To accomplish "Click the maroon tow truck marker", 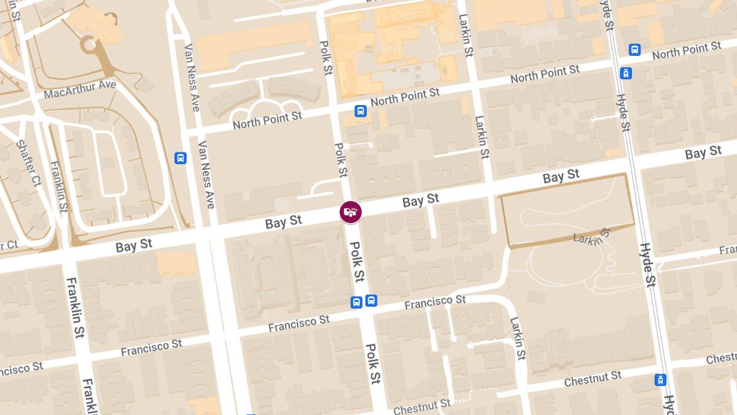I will point(351,212).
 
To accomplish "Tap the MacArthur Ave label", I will point(80,90).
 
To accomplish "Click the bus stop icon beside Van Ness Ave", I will point(181,157).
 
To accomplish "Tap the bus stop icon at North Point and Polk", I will point(361,111).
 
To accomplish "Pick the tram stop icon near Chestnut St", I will point(661,380).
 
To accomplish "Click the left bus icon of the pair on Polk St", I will point(356,302).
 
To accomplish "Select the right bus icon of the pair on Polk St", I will point(371,301).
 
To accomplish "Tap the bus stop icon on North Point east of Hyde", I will point(634,49).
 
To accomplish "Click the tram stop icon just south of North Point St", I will point(626,73).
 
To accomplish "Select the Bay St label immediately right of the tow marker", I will point(421,200).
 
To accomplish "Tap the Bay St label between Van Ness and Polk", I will point(284,222).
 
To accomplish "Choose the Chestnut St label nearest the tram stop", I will point(593,377).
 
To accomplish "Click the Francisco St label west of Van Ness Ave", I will point(151,347).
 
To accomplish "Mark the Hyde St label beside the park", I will point(647,264).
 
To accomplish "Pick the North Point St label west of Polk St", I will point(267,120).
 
